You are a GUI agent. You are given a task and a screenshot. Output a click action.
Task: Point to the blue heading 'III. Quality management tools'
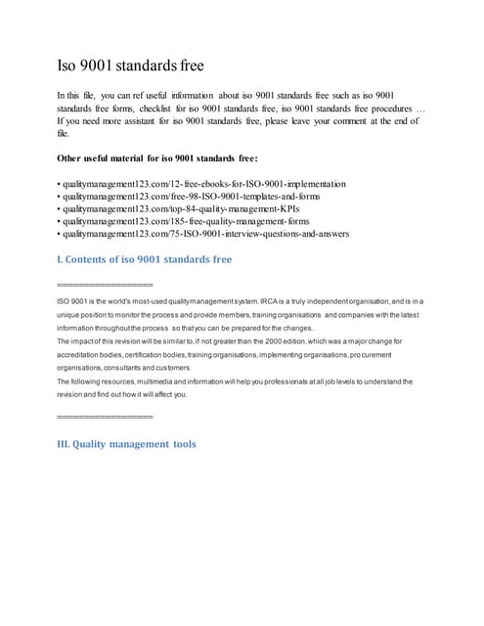click(127, 444)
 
